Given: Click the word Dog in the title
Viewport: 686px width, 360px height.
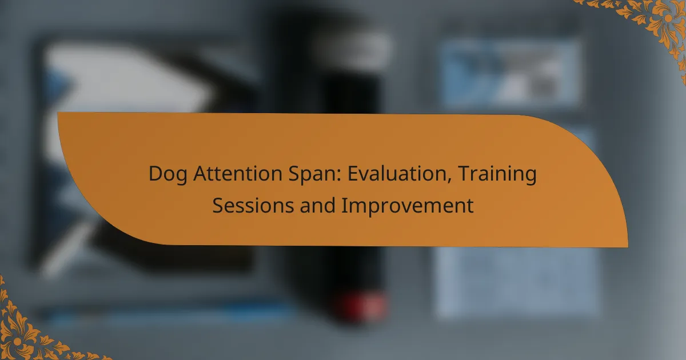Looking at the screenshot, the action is (168, 174).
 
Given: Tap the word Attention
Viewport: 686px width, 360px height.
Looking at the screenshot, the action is (238, 173).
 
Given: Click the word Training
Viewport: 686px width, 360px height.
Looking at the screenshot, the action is (497, 174).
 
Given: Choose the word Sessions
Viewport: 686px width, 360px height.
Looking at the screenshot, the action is (253, 205).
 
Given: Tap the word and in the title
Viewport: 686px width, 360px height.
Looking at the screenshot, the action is (318, 205).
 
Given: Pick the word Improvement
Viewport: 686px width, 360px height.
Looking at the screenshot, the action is (408, 206).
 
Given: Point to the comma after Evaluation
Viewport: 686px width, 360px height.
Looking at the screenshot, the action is (449, 181).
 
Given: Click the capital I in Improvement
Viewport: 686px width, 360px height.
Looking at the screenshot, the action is (344, 205).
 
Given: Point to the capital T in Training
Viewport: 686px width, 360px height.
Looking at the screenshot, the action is (465, 174).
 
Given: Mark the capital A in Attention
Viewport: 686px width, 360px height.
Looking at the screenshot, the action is (201, 174).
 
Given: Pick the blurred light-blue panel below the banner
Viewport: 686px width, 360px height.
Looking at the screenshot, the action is (517, 282).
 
